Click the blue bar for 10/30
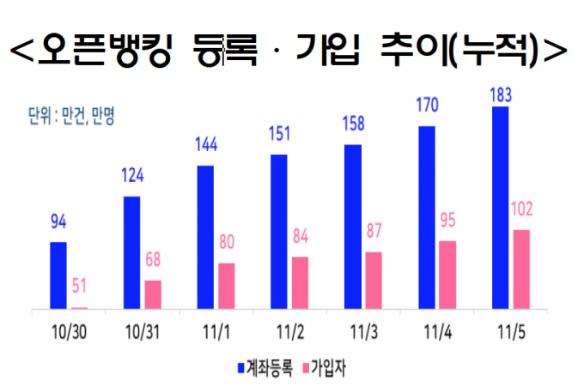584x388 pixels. pyautogui.click(x=58, y=275)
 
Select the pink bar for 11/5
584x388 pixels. pyautogui.click(x=521, y=269)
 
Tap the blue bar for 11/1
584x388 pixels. pyautogui.click(x=205, y=236)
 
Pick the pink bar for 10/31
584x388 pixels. pyautogui.click(x=153, y=294)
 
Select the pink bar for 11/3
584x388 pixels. pyautogui.click(x=374, y=280)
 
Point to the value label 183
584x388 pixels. pyautogui.click(x=500, y=94)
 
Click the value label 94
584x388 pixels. pyautogui.click(x=58, y=225)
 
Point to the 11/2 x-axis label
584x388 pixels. pyautogui.click(x=289, y=331)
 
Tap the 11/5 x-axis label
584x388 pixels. pyautogui.click(x=510, y=331)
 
